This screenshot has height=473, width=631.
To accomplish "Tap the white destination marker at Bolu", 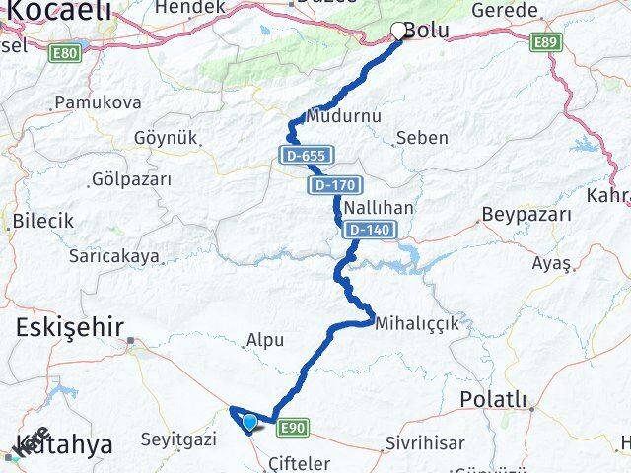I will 399,31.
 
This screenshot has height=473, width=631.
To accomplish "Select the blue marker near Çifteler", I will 250,423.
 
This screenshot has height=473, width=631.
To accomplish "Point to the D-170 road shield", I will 336,184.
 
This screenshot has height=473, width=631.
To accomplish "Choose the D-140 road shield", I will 370,230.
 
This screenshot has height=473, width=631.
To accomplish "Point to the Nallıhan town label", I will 372,208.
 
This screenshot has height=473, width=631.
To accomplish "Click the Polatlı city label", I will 496,400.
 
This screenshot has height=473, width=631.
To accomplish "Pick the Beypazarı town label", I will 527,214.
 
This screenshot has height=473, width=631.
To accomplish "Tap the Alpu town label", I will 265,340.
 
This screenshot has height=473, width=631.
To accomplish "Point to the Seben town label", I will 421,138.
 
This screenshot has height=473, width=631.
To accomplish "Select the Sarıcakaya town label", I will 113,256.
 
